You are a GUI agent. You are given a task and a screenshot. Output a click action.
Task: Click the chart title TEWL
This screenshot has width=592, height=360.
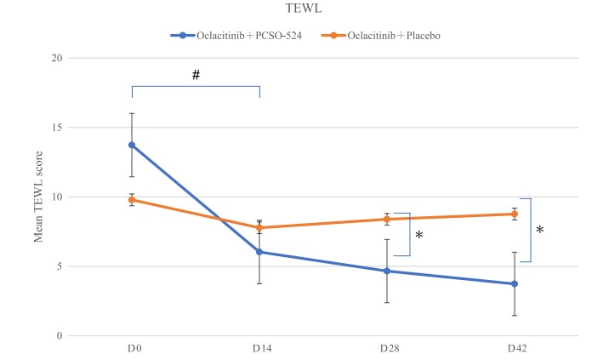(x=297, y=9)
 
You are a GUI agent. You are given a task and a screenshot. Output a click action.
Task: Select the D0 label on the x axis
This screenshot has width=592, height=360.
(x=132, y=350)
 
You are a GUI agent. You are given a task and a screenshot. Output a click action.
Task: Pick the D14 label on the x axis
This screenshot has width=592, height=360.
(x=259, y=350)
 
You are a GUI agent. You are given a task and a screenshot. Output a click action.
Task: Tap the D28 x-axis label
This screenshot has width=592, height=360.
(x=387, y=350)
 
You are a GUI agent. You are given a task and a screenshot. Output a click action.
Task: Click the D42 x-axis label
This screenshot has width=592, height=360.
(x=514, y=350)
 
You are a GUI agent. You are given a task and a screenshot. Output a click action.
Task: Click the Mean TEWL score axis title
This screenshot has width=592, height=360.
(x=38, y=197)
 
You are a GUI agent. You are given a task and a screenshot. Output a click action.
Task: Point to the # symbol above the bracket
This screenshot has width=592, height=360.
(x=196, y=75)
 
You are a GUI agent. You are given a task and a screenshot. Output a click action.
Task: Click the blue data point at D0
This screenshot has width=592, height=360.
(x=132, y=145)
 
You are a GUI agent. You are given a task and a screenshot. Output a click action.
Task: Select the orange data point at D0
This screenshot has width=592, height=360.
(x=132, y=200)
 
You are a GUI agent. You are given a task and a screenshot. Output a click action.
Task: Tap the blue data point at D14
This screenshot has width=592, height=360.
(x=259, y=252)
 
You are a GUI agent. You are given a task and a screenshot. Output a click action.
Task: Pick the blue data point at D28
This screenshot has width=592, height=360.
(x=387, y=271)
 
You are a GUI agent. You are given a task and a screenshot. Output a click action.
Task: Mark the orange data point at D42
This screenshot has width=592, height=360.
(x=514, y=214)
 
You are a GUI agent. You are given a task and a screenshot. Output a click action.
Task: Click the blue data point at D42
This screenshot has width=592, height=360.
(x=514, y=283)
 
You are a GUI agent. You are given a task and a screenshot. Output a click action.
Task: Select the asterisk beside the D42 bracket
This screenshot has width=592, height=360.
(x=539, y=231)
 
